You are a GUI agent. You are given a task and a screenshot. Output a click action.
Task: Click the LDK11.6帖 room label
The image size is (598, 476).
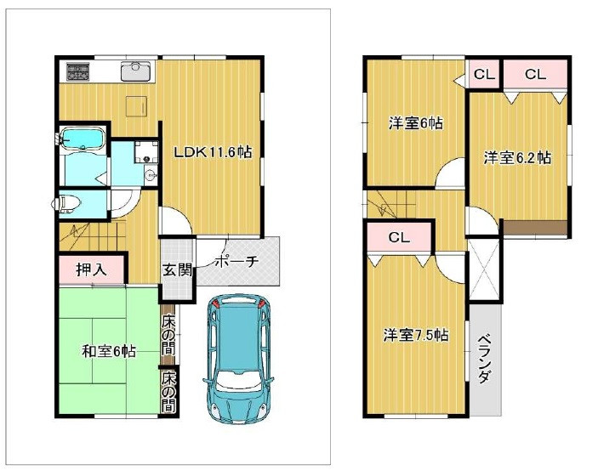pos(212,153)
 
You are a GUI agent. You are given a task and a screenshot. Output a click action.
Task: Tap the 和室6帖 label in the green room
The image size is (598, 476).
pos(109,351)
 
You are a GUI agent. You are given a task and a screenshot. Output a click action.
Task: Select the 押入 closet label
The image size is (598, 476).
pos(91,271)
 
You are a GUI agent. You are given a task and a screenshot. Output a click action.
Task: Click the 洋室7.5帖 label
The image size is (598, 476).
pos(415,335)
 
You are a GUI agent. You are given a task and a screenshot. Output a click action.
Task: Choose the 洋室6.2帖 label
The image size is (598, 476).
pos(517,158)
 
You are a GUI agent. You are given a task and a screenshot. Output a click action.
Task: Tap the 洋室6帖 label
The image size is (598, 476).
pos(410,124)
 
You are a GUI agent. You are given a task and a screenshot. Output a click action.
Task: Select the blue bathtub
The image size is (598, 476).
pos(82,139)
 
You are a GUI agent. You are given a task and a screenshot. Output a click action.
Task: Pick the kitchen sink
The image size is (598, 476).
pos(135,70)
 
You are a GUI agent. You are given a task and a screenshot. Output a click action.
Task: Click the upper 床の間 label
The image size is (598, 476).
pos(168,334)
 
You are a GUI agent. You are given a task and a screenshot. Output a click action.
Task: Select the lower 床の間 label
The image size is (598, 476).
pos(168,392)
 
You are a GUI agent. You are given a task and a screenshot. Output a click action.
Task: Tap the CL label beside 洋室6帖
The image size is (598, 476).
pos(483,75)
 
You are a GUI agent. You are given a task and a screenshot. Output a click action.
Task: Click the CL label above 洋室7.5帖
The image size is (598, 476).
pos(400,238)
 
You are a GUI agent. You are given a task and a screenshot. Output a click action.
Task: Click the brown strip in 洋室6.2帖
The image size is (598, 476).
pos(535,226)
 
